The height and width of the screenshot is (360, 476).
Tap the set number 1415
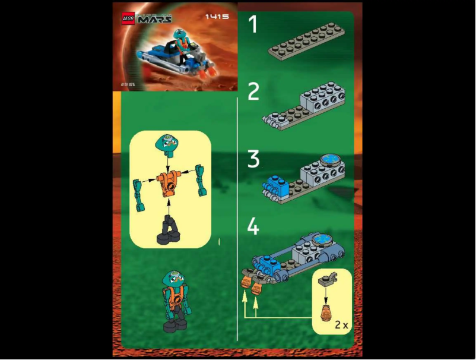[217, 17]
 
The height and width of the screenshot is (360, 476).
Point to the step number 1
[253, 25]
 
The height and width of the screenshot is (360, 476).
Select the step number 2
[253, 92]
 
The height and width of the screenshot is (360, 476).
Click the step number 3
[253, 160]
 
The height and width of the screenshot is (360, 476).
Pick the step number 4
[253, 226]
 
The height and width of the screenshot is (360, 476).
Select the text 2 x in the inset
[341, 324]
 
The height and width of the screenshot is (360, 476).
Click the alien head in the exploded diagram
[167, 143]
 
